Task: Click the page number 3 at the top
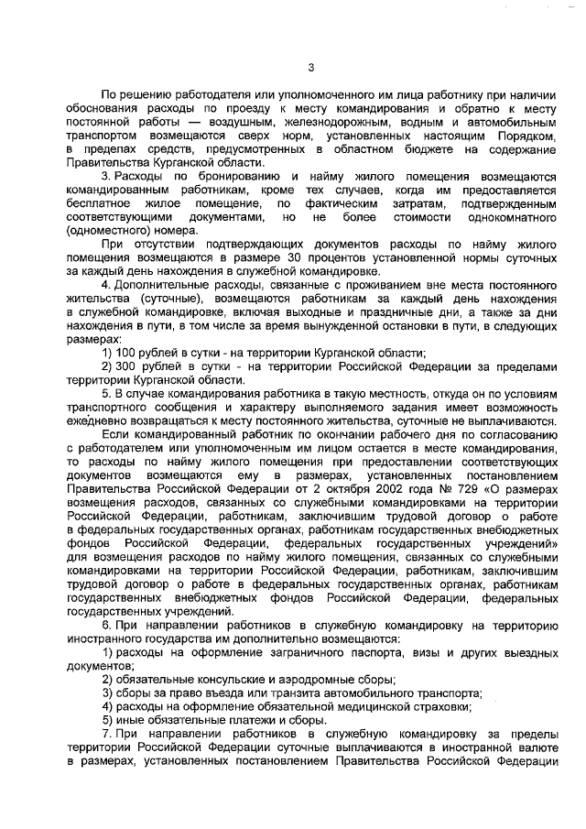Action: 311,67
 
